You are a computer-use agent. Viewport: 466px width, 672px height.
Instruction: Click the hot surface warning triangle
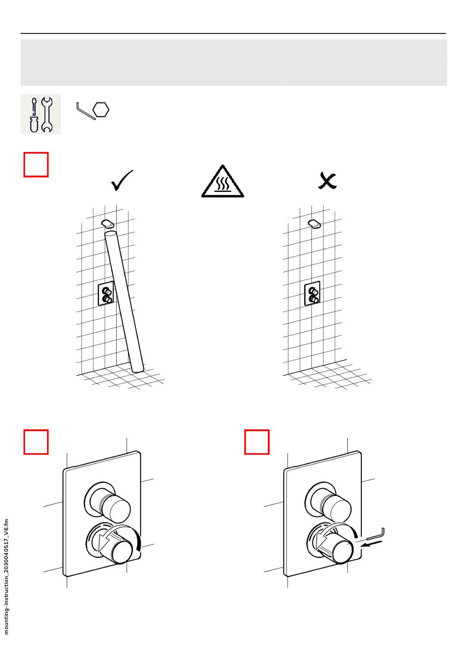(222, 182)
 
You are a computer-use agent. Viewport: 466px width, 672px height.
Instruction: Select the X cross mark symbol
(327, 181)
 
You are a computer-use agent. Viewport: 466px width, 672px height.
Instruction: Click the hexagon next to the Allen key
(101, 109)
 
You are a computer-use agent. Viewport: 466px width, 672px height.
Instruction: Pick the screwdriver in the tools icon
(34, 115)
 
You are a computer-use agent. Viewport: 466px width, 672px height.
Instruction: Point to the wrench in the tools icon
(47, 115)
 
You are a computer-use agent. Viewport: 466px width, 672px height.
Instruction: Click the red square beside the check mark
(36, 164)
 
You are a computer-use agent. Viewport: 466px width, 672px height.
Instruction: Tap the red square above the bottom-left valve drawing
(36, 442)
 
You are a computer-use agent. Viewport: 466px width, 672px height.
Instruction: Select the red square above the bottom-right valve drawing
(257, 442)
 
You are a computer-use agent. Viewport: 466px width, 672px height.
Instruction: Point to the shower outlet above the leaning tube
(108, 224)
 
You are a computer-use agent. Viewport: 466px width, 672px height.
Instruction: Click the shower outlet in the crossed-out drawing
(314, 224)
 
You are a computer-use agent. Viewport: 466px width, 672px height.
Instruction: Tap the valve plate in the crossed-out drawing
(312, 294)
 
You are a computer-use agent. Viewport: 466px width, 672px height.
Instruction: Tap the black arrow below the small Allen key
(371, 544)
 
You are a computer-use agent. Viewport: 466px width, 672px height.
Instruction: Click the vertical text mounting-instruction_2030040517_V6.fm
(6, 577)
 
